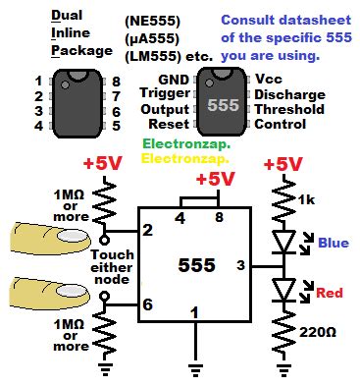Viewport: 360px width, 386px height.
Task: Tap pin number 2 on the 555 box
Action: coord(148,231)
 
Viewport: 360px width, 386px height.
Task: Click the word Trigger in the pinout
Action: coord(162,92)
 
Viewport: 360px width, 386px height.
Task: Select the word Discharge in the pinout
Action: coord(295,93)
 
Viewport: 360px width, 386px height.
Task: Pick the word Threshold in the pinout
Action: coord(295,108)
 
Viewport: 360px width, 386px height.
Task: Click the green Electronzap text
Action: coord(187,142)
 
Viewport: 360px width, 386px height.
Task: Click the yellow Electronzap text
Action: coord(187,156)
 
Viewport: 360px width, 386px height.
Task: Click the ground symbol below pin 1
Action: coord(194,367)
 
